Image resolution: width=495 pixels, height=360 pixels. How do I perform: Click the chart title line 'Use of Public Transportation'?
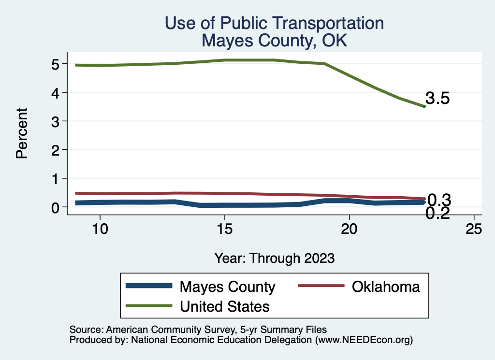pyautogui.click(x=274, y=23)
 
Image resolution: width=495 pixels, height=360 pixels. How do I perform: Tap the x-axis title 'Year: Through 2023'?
pyautogui.click(x=275, y=258)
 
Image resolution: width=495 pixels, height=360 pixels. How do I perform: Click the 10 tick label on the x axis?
pyautogui.click(x=100, y=229)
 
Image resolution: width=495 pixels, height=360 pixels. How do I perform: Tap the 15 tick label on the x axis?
pyautogui.click(x=225, y=229)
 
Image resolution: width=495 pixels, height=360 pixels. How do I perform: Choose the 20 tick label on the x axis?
pyautogui.click(x=349, y=229)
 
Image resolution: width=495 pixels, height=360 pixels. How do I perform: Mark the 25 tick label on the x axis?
pyautogui.click(x=474, y=229)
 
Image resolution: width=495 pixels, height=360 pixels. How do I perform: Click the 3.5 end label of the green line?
pyautogui.click(x=438, y=99)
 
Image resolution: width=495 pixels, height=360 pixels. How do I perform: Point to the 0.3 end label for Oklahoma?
pyautogui.click(x=439, y=200)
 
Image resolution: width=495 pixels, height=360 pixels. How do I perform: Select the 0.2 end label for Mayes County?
pyautogui.click(x=438, y=213)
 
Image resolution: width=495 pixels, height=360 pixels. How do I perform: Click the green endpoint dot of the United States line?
pyautogui.click(x=424, y=106)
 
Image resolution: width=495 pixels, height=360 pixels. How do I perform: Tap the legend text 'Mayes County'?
pyautogui.click(x=227, y=287)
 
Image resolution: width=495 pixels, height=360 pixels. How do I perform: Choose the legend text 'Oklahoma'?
pyautogui.click(x=386, y=287)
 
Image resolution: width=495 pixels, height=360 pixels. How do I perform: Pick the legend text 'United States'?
pyautogui.click(x=224, y=306)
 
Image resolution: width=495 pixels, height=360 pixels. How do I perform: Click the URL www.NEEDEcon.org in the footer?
pyautogui.click(x=363, y=340)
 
